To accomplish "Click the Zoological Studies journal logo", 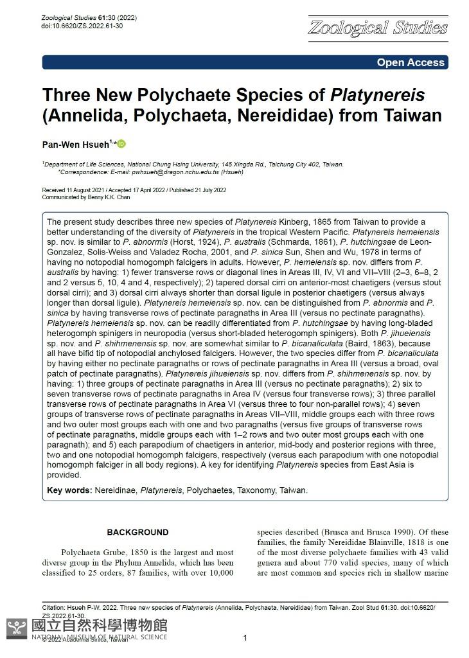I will [x=378, y=28].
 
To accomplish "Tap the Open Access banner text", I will [x=411, y=62].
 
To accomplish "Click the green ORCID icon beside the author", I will [x=121, y=143].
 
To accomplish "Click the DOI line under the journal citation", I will [x=82, y=26].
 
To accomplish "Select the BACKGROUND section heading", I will [x=137, y=532].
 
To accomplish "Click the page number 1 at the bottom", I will [x=245, y=637].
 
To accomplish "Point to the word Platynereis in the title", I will [x=377, y=95].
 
